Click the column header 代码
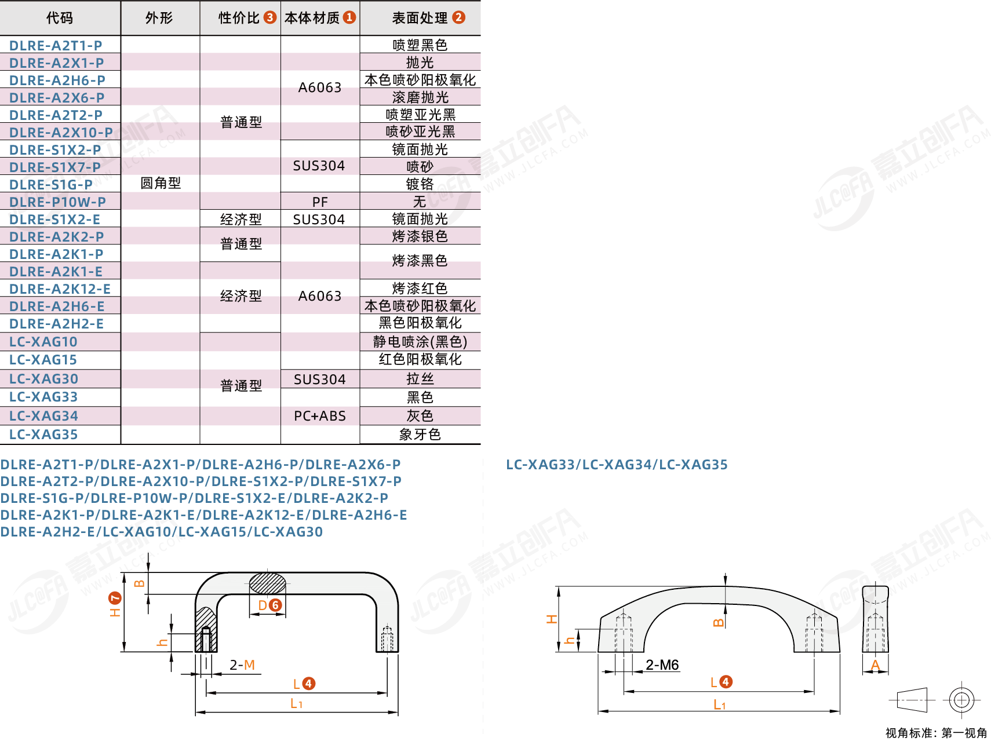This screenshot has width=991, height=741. click(60, 18)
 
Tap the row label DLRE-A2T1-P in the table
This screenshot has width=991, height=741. click(56, 45)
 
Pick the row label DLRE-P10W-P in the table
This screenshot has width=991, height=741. click(57, 202)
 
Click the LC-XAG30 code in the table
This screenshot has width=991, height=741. click(43, 379)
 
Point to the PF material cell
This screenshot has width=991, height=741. click(320, 202)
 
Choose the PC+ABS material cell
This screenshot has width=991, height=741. click(320, 416)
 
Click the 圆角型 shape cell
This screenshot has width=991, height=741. click(161, 184)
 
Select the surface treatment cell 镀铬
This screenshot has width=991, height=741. click(420, 184)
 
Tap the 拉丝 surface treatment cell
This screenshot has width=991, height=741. click(420, 379)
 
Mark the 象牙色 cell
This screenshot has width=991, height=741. click(420, 435)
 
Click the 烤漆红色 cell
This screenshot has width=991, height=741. click(420, 289)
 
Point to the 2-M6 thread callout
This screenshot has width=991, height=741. click(662, 665)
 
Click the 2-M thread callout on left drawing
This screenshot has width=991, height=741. click(242, 665)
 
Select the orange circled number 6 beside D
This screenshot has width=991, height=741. click(276, 605)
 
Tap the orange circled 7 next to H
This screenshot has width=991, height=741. click(115, 597)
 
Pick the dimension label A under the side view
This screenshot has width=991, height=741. click(875, 666)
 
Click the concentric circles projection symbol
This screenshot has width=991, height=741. click(961, 700)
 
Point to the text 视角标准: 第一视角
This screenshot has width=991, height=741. click(937, 733)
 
